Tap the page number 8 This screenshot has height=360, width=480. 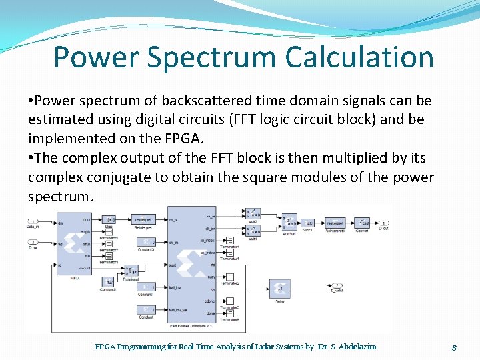click(x=453, y=347)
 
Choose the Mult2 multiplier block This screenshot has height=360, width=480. click(x=253, y=214)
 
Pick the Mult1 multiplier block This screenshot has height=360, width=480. click(x=253, y=231)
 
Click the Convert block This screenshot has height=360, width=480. click(x=362, y=222)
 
